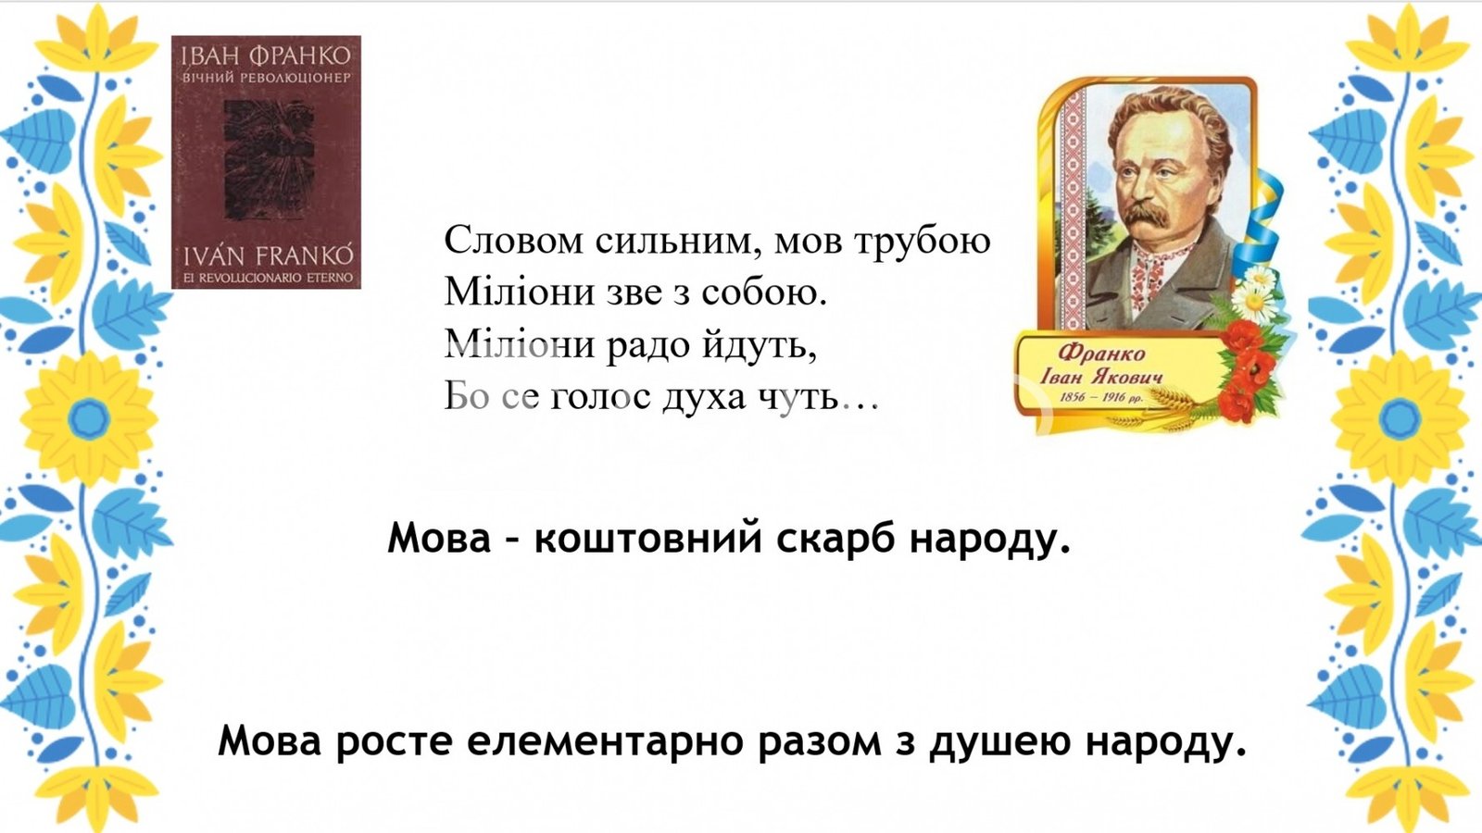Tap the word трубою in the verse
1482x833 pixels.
pos(923,242)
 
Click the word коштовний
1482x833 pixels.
pos(647,538)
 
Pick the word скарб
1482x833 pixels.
pos(835,538)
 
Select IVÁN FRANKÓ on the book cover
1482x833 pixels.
pos(268,255)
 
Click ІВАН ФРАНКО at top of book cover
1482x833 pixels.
pos(265,55)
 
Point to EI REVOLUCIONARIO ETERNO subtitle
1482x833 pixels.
pos(268,279)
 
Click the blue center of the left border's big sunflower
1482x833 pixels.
pos(89,418)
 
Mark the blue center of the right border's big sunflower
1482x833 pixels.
pos(1400,418)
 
